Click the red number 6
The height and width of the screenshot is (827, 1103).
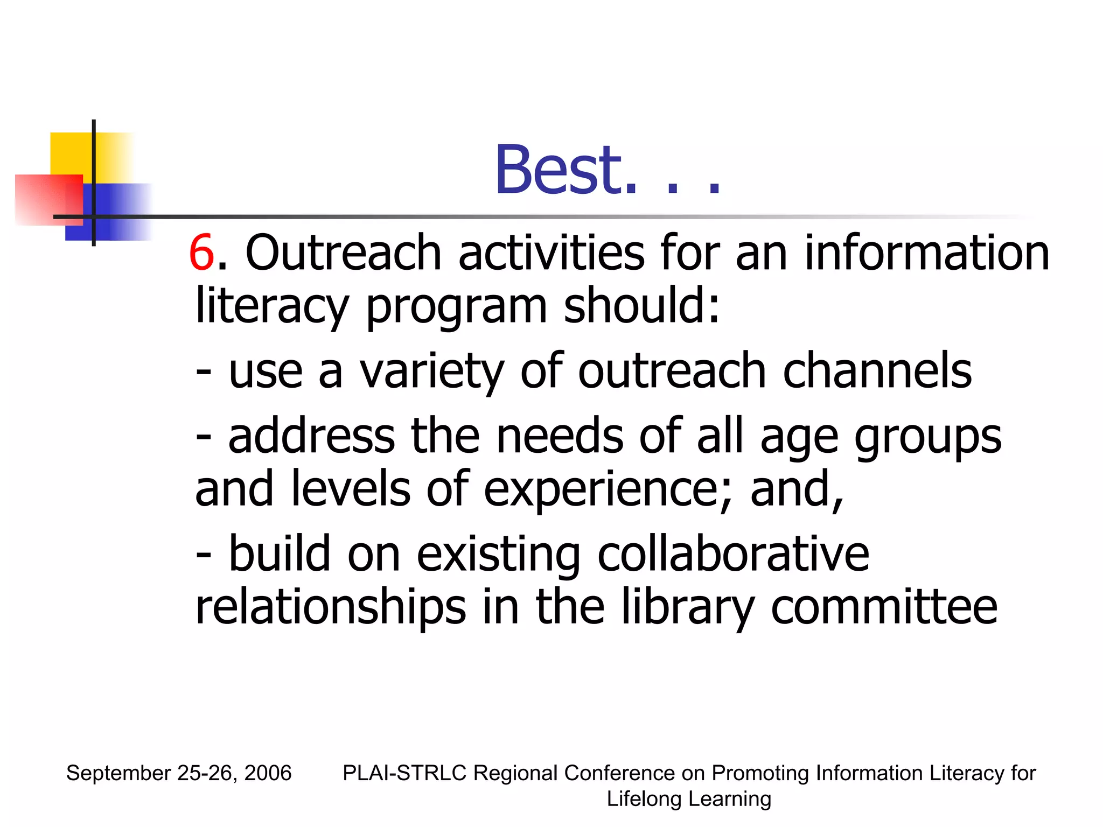(x=202, y=253)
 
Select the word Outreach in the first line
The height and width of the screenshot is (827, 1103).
(x=344, y=253)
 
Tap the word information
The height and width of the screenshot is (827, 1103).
(x=926, y=253)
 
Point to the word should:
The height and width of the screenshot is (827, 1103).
(x=641, y=305)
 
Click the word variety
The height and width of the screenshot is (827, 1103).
(x=431, y=372)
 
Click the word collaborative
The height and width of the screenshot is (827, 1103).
(x=733, y=555)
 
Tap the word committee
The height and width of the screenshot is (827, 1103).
(x=884, y=607)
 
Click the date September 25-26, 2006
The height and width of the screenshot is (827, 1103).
(x=179, y=773)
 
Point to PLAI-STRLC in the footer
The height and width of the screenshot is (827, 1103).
(x=404, y=773)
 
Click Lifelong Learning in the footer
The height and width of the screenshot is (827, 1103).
(x=689, y=799)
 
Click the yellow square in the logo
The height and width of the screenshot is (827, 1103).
(x=71, y=153)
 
